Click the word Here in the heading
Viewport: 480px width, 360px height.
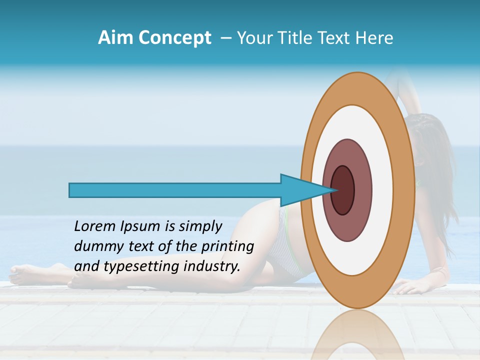pyautogui.click(x=375, y=38)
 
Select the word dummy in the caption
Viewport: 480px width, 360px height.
pyautogui.click(x=95, y=246)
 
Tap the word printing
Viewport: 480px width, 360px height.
pyautogui.click(x=227, y=247)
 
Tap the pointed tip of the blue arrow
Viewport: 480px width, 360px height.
pyautogui.click(x=336, y=190)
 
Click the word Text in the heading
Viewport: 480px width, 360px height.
pyautogui.click(x=336, y=38)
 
